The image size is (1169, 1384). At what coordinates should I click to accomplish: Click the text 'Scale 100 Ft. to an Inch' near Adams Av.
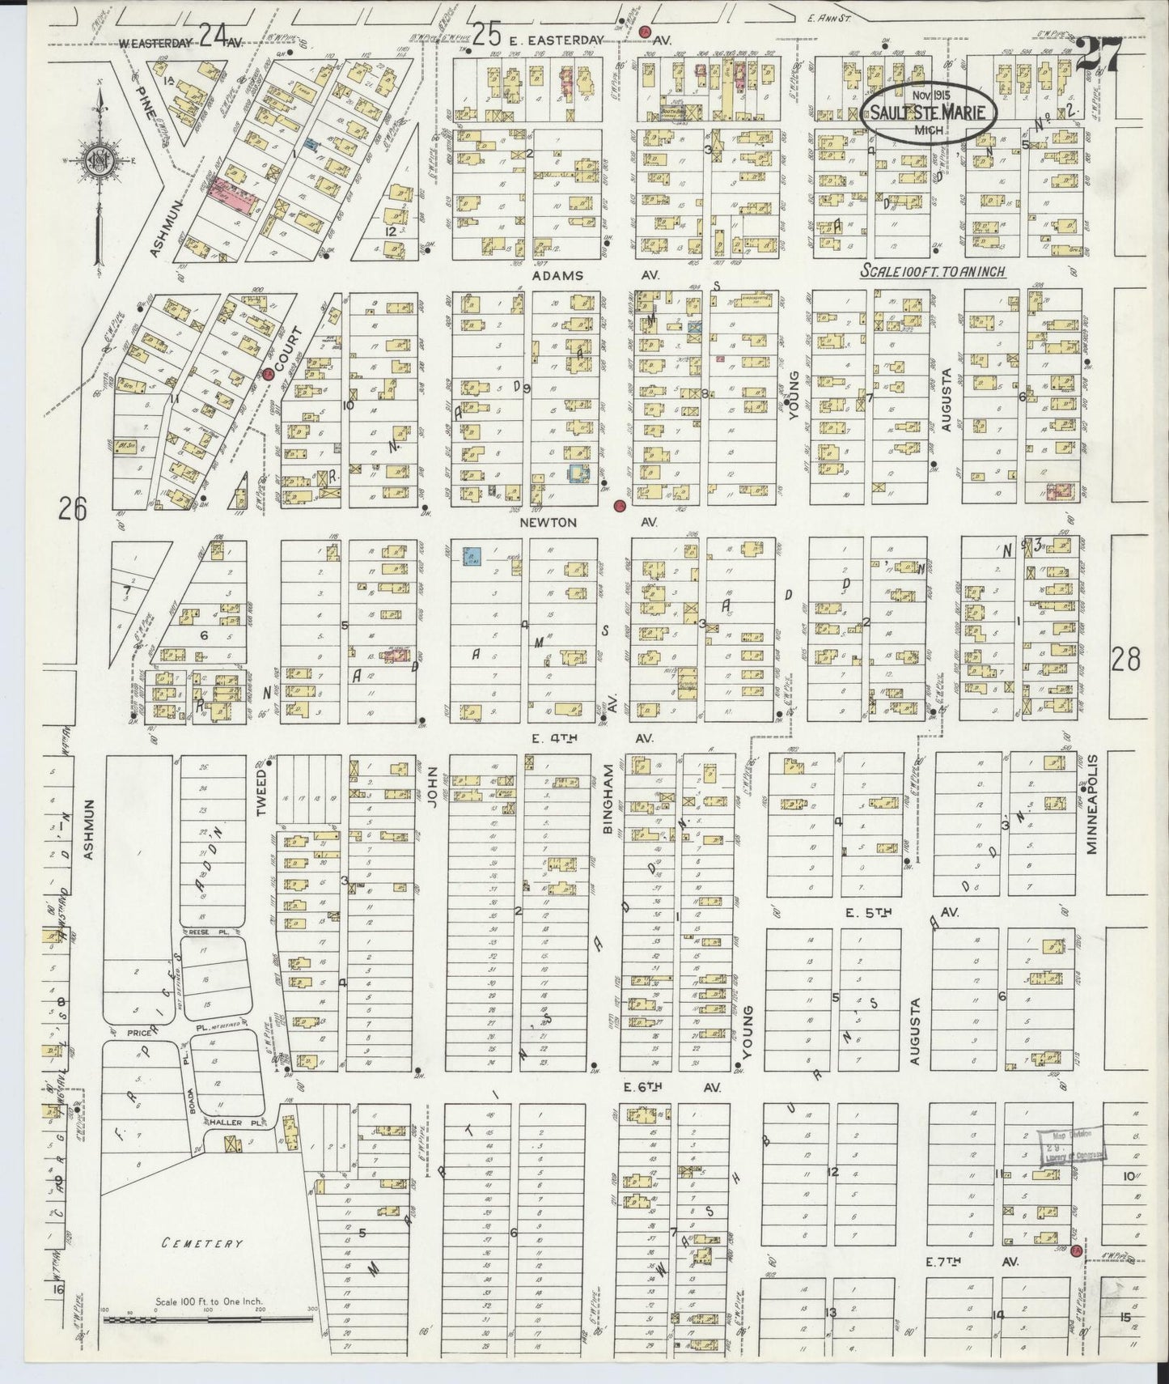tap(933, 272)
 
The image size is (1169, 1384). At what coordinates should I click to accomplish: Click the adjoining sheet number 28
tap(1125, 660)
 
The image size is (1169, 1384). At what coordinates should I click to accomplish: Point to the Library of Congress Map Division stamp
tap(1071, 1147)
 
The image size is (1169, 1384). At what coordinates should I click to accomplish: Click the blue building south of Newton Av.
tap(472, 557)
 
